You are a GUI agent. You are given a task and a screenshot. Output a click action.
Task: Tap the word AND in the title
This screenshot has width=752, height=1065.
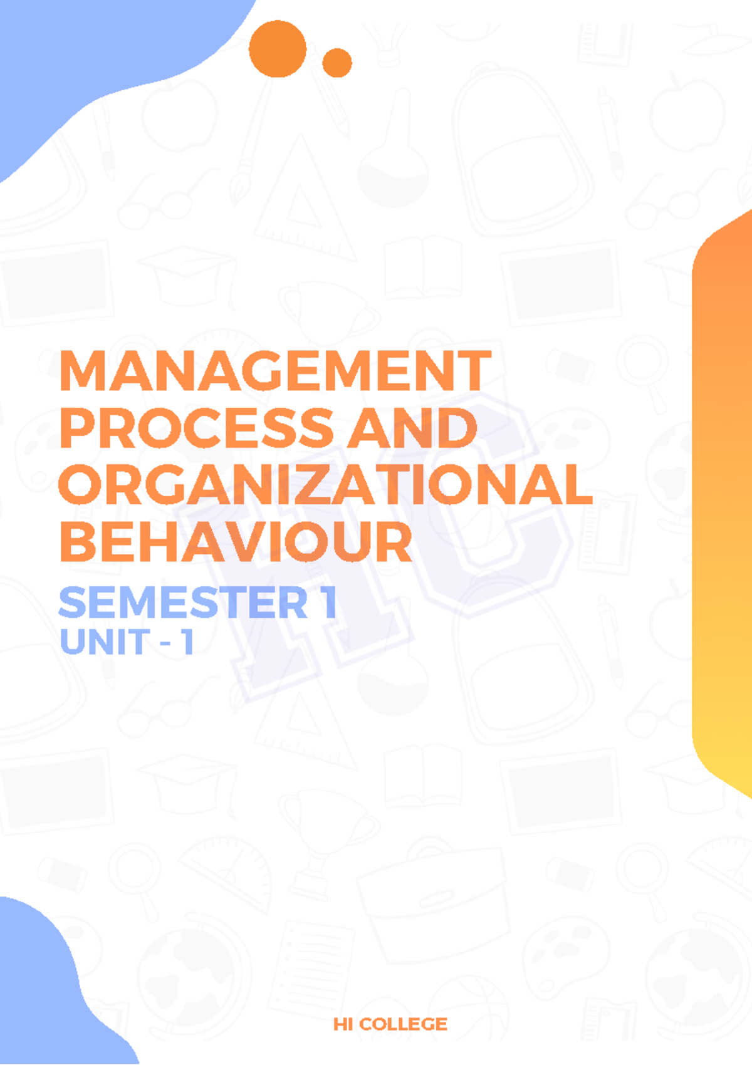[412, 429]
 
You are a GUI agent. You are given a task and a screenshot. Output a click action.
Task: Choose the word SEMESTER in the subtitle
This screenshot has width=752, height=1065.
[182, 603]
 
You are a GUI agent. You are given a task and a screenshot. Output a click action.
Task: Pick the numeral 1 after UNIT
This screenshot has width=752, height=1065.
[187, 642]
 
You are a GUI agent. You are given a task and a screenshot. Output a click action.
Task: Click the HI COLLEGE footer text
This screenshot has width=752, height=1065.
[390, 1024]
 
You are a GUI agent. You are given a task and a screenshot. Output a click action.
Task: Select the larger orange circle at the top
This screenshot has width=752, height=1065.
[278, 49]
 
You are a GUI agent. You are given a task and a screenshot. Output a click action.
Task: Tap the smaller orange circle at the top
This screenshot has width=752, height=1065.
[337, 63]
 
